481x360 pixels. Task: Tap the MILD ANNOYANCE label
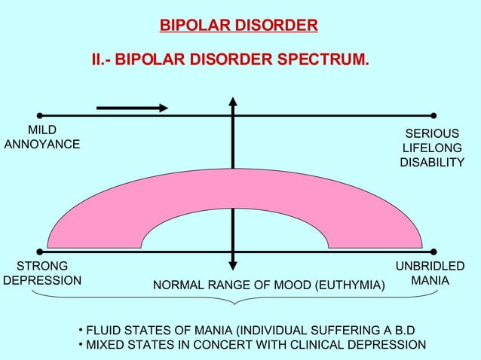(42, 136)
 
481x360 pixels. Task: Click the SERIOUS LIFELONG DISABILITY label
(432, 148)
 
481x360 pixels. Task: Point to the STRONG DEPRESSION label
(42, 273)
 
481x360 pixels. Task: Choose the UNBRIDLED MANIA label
(430, 273)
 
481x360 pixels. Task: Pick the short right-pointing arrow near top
(132, 108)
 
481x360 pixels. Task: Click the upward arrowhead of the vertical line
(234, 102)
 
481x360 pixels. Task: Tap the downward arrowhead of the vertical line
(234, 264)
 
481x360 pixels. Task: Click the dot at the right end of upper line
(434, 116)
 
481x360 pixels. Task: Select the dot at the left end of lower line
(39, 251)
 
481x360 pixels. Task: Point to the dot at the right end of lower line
(434, 251)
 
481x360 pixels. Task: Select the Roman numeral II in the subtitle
(97, 59)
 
